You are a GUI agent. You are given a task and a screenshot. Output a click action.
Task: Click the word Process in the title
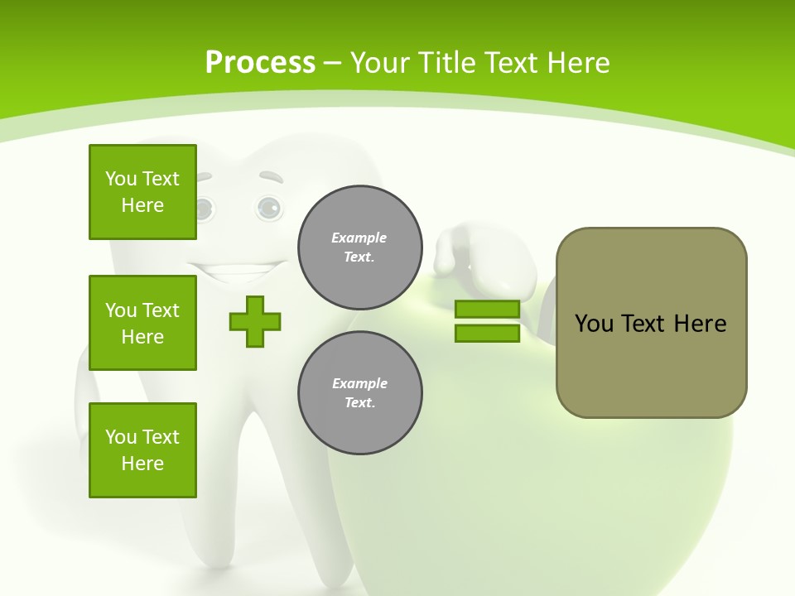(x=260, y=62)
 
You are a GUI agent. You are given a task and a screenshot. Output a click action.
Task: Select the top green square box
(x=142, y=192)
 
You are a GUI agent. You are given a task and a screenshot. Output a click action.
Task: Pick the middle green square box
(x=142, y=323)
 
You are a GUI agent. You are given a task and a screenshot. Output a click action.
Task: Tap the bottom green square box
(x=142, y=450)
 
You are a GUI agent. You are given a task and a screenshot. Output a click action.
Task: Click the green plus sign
(x=255, y=321)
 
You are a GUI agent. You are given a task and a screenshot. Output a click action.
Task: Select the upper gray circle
(x=360, y=248)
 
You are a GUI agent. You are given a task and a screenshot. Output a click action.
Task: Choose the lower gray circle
(x=360, y=393)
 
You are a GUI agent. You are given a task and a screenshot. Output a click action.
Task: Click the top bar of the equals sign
(x=487, y=310)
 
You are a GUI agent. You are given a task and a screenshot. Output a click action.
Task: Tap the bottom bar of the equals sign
(x=487, y=334)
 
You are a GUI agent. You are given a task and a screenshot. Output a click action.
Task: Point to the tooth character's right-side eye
(x=268, y=208)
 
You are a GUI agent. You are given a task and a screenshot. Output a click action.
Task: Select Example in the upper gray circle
(x=359, y=238)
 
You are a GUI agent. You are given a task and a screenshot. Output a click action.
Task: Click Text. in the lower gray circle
(x=360, y=403)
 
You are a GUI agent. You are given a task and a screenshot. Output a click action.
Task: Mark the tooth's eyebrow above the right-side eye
(x=271, y=177)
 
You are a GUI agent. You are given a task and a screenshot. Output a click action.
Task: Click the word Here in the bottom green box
(x=142, y=464)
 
